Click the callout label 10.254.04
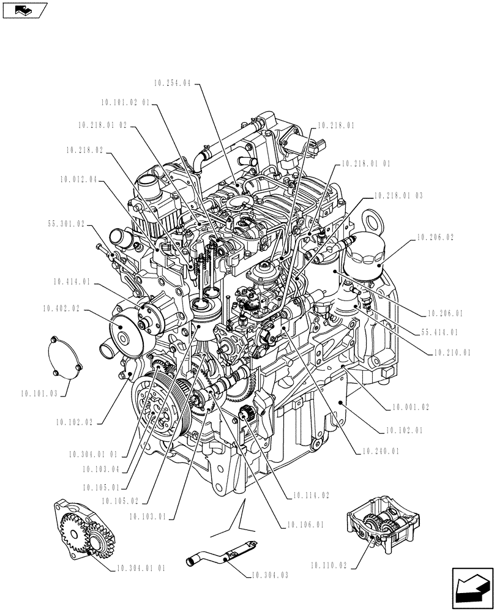click(173, 83)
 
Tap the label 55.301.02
click(65, 224)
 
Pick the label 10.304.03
click(269, 575)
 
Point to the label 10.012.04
click(79, 180)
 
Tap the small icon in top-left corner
click(24, 10)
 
